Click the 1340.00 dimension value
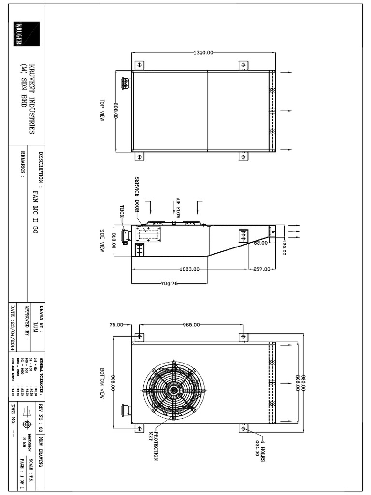click(203, 53)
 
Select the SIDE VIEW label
click(102, 240)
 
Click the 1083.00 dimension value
click(190, 269)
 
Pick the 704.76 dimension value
click(169, 284)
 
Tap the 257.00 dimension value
click(261, 269)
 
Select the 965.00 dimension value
click(190, 325)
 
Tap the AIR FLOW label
click(178, 208)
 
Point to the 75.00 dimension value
click(116, 325)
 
